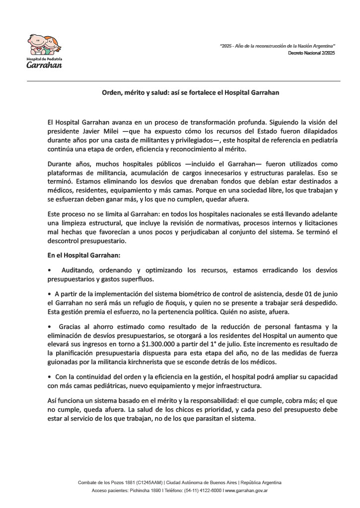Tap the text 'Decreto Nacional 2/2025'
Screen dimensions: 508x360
click(x=311, y=53)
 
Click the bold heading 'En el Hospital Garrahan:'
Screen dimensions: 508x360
click(x=80, y=255)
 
